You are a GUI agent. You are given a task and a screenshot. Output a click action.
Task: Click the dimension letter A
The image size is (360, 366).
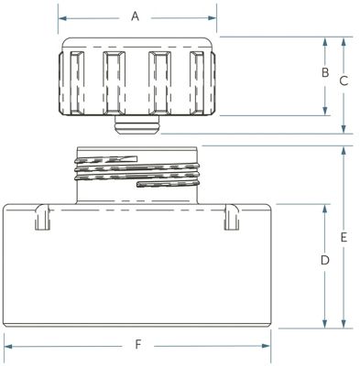pyautogui.click(x=135, y=16)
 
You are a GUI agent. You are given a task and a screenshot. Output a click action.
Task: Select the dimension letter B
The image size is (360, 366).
pyautogui.click(x=325, y=72)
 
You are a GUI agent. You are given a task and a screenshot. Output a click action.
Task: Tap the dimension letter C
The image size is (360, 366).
pyautogui.click(x=344, y=81)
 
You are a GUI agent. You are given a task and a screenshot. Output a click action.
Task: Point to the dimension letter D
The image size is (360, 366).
pyautogui.click(x=325, y=260)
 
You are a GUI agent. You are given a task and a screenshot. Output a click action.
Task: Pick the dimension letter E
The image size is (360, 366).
pyautogui.click(x=344, y=237)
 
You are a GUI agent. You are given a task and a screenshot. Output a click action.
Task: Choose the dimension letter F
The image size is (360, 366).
pyautogui.click(x=138, y=345)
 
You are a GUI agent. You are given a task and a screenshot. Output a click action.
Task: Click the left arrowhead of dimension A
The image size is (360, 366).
pyautogui.click(x=62, y=18)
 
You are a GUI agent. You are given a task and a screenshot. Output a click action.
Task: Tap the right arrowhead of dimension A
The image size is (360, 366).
pyautogui.click(x=213, y=18)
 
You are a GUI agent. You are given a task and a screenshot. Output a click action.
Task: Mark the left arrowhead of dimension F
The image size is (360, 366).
pyautogui.click(x=8, y=346)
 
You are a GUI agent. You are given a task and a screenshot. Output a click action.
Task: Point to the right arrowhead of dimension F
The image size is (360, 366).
pyautogui.click(x=266, y=346)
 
